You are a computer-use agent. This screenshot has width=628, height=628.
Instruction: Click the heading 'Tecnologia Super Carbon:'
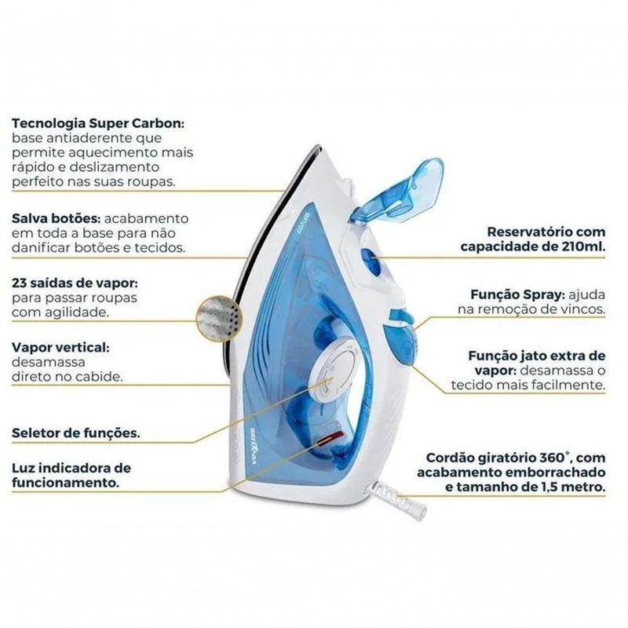pos(98,123)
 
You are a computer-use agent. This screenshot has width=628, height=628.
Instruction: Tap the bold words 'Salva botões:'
pos(56,219)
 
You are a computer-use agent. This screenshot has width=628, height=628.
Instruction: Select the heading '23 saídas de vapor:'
pos(75,283)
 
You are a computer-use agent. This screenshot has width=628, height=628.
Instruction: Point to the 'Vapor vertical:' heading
pos(60,347)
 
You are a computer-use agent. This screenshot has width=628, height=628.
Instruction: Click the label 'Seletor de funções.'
pos(76,433)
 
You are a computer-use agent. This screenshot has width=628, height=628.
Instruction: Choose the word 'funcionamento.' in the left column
pos(66,483)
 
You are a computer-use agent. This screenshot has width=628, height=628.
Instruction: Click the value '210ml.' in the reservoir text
pos(583,246)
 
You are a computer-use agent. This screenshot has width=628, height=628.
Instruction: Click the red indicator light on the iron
pos(330,438)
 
